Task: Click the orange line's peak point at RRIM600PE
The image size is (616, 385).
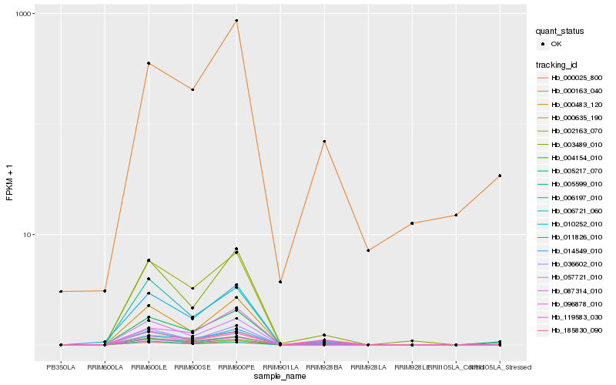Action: [x=236, y=21]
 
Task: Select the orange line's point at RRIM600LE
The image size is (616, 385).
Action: [x=149, y=63]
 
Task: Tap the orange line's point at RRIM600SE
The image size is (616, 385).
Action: [x=192, y=89]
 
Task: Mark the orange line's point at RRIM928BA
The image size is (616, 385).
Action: [x=324, y=142]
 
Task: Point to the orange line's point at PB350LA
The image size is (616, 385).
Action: [x=61, y=291]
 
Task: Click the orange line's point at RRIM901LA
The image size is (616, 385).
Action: [x=280, y=282]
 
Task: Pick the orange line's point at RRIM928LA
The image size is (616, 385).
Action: [x=368, y=250]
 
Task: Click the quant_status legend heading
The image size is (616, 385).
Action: [x=560, y=32]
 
